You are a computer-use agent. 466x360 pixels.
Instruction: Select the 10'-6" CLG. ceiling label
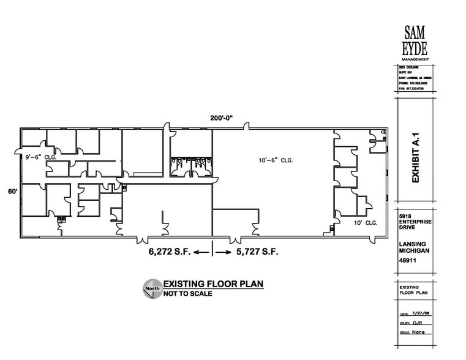coord(276,160)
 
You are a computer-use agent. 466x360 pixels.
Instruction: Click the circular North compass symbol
coord(152,288)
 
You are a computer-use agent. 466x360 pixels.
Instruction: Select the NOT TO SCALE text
coord(187,294)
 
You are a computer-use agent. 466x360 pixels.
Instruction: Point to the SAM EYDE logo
coord(416,42)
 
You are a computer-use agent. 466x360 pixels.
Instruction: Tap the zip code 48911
coord(407,261)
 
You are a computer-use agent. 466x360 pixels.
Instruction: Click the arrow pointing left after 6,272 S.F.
coord(201,252)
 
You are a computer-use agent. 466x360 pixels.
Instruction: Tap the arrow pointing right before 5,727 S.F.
coord(224,252)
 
